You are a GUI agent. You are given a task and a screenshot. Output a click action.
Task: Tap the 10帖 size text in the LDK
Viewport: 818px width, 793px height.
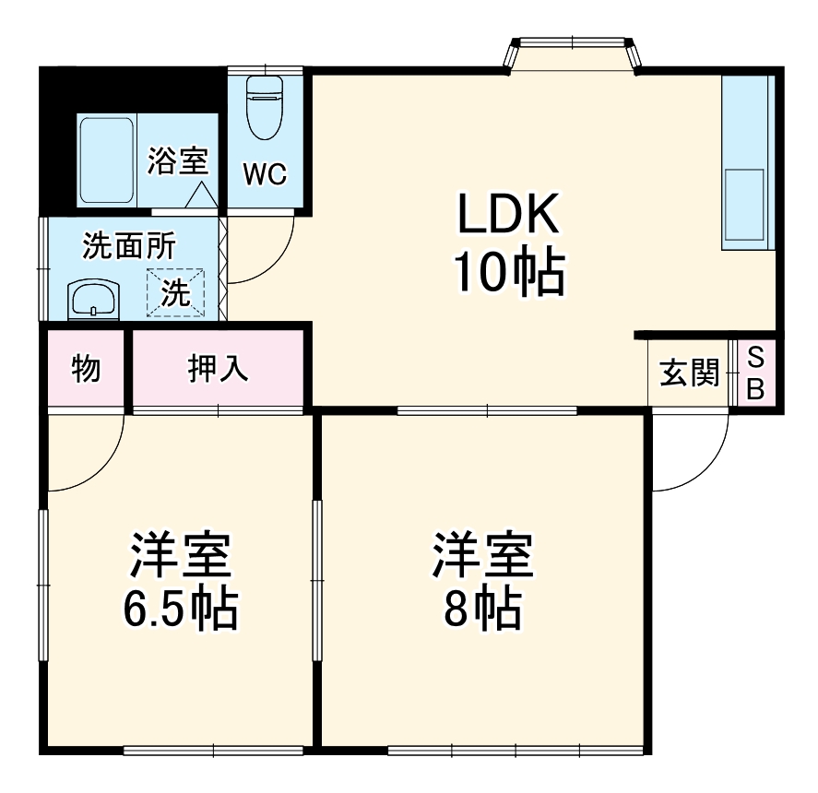(508, 272)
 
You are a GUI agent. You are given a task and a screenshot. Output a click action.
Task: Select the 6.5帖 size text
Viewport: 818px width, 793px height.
(181, 609)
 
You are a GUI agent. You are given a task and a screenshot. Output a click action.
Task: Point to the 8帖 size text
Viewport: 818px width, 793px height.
(482, 609)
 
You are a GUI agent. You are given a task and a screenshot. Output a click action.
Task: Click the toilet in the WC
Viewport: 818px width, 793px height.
(265, 105)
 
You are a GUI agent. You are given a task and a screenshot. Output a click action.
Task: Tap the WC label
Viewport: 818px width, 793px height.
(265, 175)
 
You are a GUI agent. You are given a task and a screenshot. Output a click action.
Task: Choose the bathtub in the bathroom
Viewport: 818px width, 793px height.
(106, 161)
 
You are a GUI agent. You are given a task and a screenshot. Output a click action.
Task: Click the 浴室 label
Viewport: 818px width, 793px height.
(177, 161)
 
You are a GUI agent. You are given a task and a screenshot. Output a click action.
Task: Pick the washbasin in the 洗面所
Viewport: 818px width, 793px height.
(94, 301)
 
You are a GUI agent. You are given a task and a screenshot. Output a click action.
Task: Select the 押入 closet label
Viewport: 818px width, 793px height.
(219, 370)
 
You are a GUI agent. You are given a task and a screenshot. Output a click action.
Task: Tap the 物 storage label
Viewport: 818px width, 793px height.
(86, 370)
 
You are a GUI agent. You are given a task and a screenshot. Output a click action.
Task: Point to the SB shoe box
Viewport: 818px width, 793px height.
(755, 373)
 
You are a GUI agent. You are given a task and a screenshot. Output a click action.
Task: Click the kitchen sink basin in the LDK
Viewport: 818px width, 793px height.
(745, 205)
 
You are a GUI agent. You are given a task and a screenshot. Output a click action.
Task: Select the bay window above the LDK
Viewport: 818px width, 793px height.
(572, 53)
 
